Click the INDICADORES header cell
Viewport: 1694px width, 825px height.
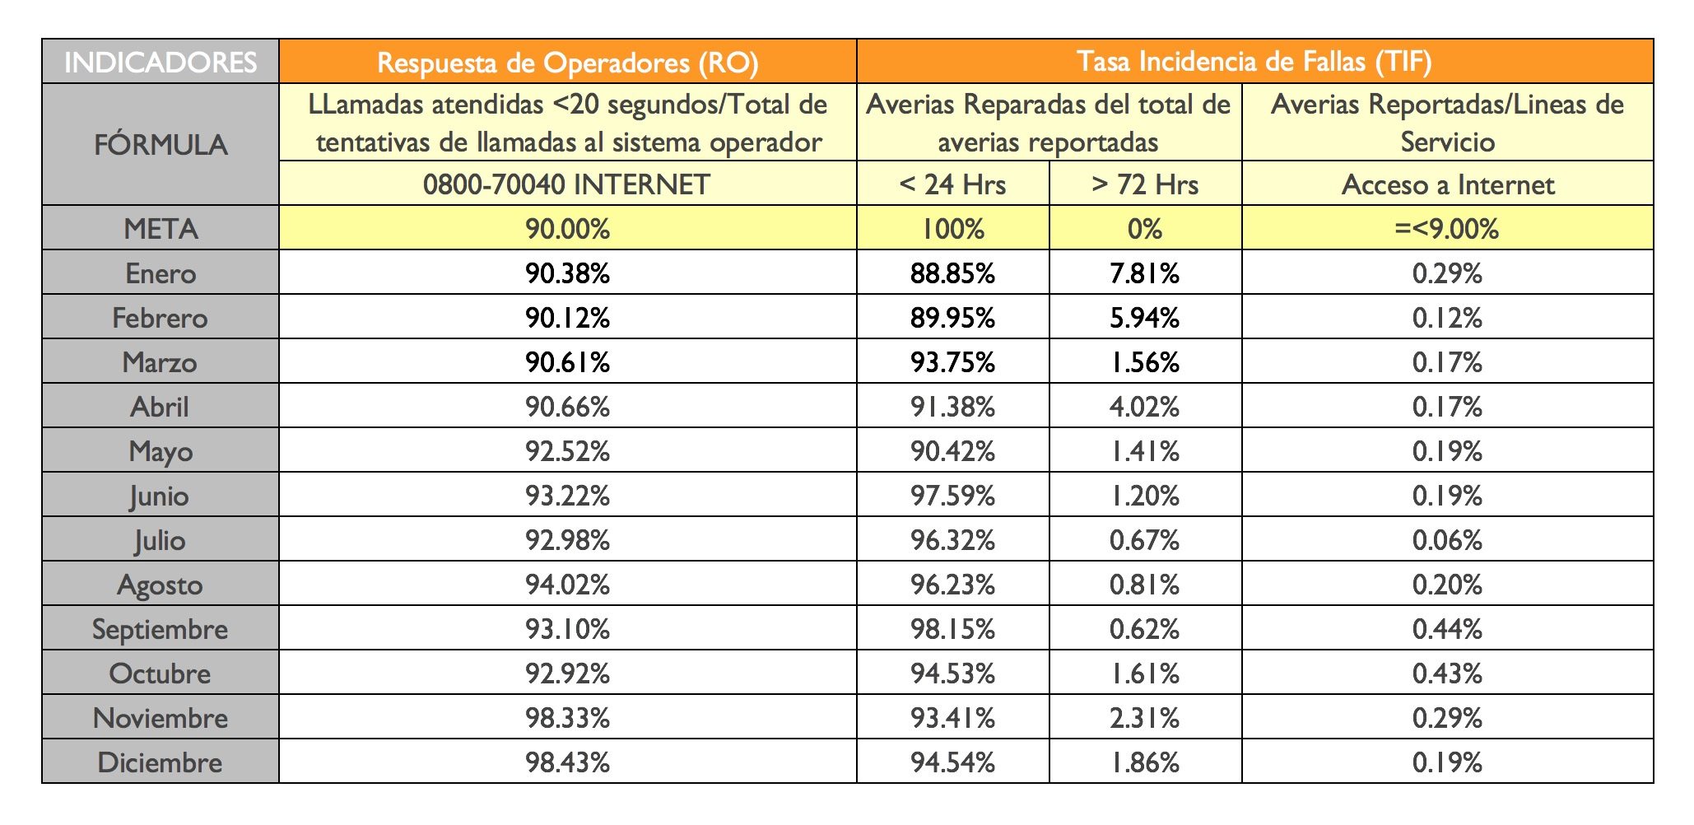click(x=161, y=63)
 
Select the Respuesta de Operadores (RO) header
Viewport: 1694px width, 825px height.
click(x=567, y=63)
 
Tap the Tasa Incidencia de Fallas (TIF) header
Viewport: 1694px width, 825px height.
click(x=1254, y=62)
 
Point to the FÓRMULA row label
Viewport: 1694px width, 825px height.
click(x=161, y=145)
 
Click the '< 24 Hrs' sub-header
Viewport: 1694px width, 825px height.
click(x=952, y=184)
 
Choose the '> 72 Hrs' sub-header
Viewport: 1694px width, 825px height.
click(x=1145, y=184)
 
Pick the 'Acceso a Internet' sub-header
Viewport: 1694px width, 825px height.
click(x=1447, y=184)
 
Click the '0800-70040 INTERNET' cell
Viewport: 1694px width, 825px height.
click(x=567, y=184)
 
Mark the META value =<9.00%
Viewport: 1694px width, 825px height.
click(x=1447, y=229)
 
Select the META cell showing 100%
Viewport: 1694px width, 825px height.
click(x=952, y=229)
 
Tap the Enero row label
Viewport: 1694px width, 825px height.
click(x=161, y=273)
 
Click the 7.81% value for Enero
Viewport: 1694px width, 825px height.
click(x=1145, y=273)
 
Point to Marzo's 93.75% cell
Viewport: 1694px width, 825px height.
click(x=952, y=362)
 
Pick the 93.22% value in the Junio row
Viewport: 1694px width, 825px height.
click(x=567, y=496)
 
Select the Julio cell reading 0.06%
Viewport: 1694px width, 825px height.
click(x=1447, y=540)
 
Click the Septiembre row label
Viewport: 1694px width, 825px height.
click(x=161, y=629)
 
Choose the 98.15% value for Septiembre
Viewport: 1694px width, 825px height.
click(x=952, y=629)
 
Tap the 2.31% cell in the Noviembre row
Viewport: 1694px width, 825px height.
click(x=1145, y=718)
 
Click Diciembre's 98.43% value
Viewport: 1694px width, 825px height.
click(x=567, y=762)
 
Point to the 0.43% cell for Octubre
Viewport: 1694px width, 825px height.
click(x=1447, y=674)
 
